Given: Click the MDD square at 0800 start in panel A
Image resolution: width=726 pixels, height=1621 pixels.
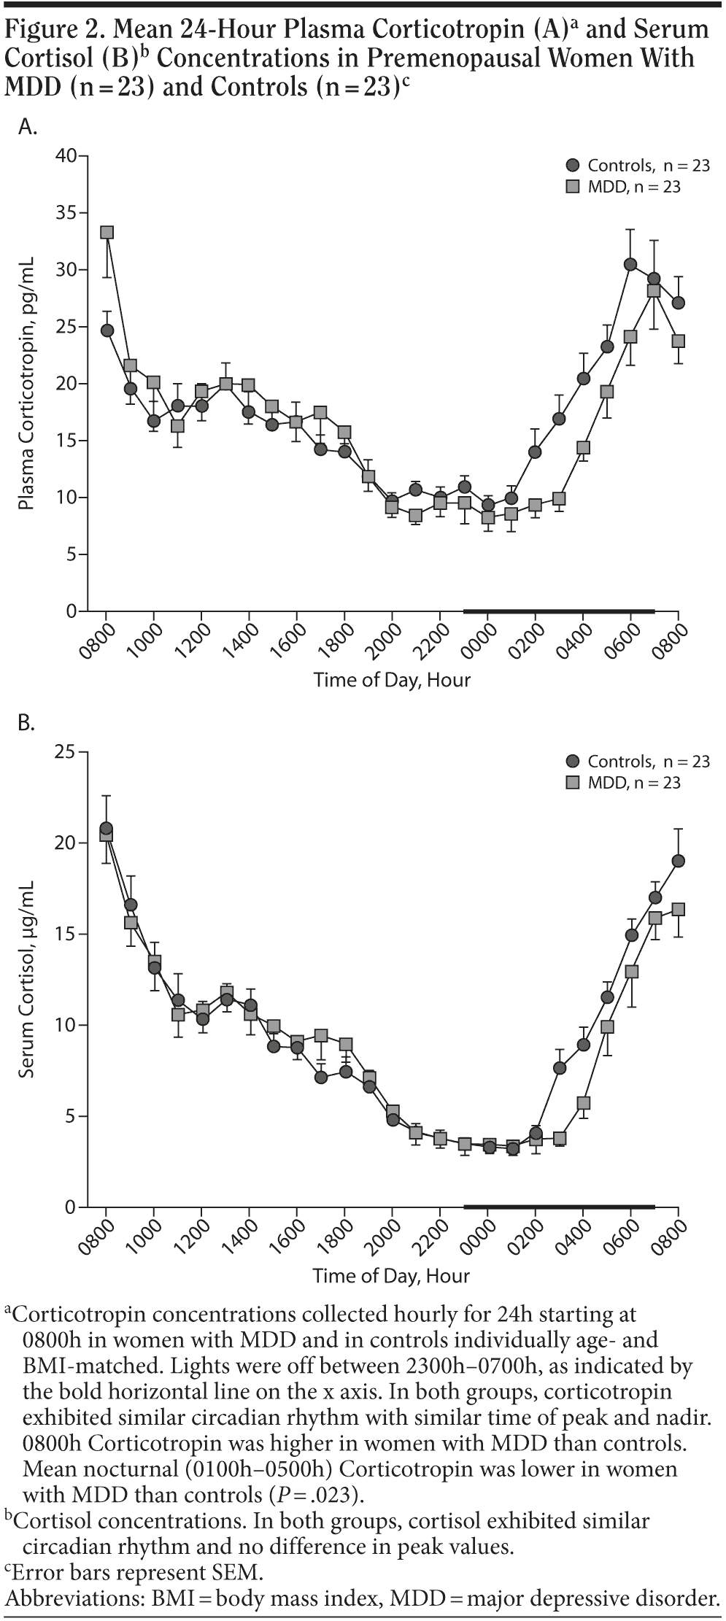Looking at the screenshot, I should pyautogui.click(x=107, y=233).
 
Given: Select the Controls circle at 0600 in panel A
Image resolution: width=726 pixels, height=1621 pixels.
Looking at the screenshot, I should pyautogui.click(x=630, y=264).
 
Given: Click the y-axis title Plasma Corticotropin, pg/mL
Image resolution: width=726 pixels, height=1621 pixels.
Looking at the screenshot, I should pyautogui.click(x=27, y=384).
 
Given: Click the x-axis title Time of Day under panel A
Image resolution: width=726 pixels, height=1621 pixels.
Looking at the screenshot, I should pyautogui.click(x=392, y=681).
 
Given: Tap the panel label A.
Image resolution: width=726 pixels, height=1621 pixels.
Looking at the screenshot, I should pyautogui.click(x=27, y=127).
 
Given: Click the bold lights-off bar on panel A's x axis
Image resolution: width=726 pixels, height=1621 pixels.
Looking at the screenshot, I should pyautogui.click(x=559, y=611).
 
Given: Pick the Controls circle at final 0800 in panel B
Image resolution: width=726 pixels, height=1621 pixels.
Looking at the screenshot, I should pyautogui.click(x=679, y=861).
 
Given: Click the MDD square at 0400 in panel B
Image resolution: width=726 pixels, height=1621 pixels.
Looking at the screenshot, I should pyautogui.click(x=583, y=1103).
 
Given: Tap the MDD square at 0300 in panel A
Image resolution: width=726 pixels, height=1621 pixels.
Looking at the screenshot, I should pyautogui.click(x=559, y=499).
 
